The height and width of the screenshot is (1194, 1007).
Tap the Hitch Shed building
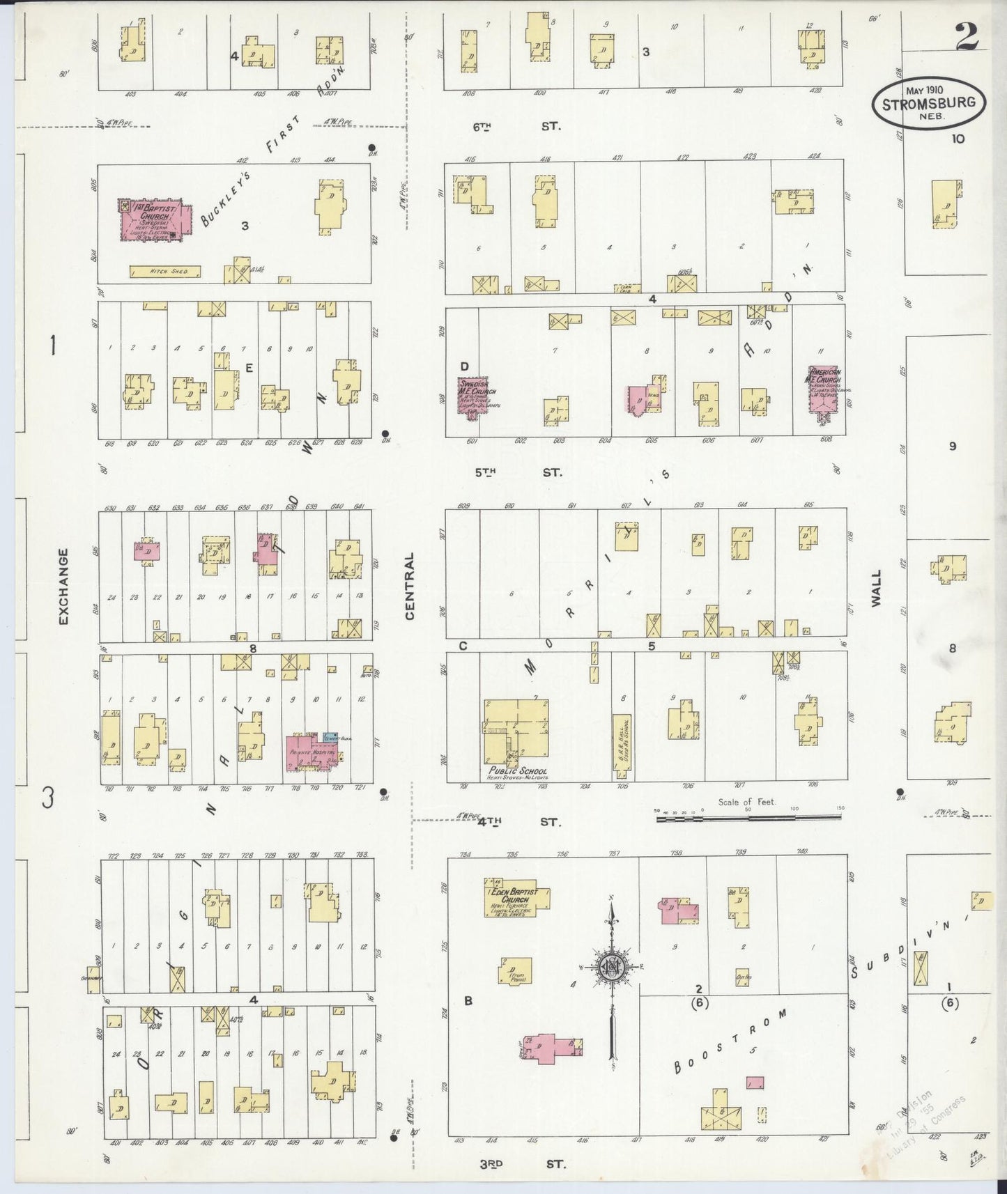coord(165,271)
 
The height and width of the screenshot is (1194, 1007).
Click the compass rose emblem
coord(611,968)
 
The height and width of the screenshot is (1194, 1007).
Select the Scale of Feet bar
coord(749,819)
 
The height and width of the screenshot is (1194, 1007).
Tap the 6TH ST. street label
coord(516,127)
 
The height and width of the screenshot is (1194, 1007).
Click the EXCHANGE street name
coord(63,586)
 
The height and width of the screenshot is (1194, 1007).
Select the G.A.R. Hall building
coord(621,746)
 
